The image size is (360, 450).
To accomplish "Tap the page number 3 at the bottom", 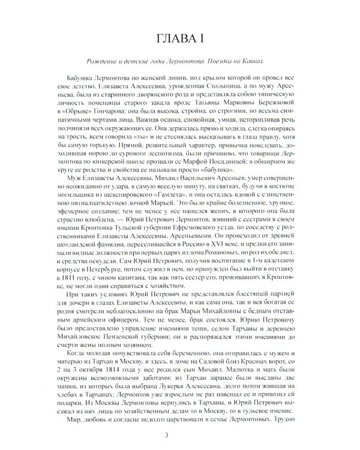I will pyautogui.click(x=180, y=435).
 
